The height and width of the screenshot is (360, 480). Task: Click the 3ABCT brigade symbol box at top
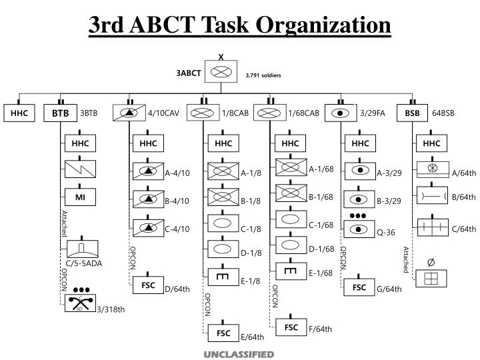[x=221, y=72]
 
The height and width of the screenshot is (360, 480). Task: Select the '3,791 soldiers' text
[x=263, y=75]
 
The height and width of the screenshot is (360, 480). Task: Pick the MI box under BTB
[x=80, y=197]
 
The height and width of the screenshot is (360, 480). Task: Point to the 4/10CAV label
[x=164, y=113]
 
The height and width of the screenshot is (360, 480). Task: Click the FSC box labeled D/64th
[x=148, y=285]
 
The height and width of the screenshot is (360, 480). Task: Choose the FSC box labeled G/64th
[x=360, y=287]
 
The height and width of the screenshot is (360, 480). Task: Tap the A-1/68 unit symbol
[x=290, y=167]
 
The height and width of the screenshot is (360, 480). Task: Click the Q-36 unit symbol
[x=360, y=229]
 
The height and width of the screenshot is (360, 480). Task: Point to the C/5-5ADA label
[x=83, y=263]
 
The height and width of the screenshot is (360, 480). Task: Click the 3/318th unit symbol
[x=80, y=303]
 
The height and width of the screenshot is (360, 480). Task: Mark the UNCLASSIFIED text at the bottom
[x=239, y=353]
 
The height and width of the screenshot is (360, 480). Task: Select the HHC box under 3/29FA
[x=360, y=143]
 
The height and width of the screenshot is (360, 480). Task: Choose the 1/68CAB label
[x=303, y=113]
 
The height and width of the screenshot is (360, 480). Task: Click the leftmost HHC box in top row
[x=19, y=113]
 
